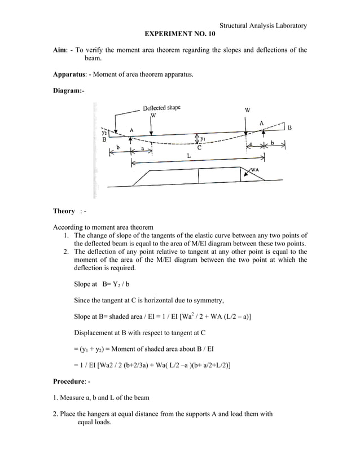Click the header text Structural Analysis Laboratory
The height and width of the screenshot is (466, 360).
coord(263,25)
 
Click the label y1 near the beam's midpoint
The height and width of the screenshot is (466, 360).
coord(203,138)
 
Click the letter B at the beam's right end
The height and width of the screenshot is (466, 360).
coord(289,128)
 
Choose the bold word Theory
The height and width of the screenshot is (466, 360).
coord(64,211)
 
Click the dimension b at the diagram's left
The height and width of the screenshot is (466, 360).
coord(117,148)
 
